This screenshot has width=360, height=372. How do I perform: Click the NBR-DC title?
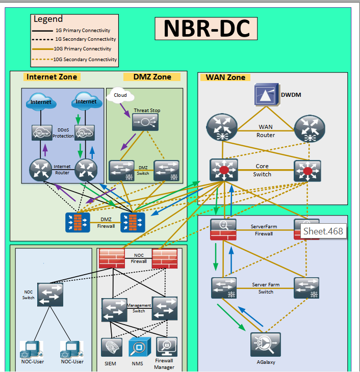(206, 29)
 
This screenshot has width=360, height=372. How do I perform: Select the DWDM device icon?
(267, 95)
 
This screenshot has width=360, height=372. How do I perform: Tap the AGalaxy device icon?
(265, 344)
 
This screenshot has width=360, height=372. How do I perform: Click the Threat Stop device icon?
(145, 122)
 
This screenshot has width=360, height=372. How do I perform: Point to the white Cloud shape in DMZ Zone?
(120, 95)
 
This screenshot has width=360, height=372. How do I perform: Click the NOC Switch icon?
(50, 295)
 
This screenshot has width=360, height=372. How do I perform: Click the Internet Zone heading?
(52, 77)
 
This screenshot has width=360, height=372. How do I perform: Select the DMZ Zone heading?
(152, 77)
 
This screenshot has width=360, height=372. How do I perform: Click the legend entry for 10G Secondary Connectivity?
(85, 59)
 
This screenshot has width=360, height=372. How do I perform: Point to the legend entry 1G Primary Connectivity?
(83, 31)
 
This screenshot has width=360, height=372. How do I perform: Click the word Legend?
(48, 19)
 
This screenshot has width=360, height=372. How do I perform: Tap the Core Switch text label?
(263, 170)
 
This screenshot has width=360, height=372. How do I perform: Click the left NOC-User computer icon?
(31, 349)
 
